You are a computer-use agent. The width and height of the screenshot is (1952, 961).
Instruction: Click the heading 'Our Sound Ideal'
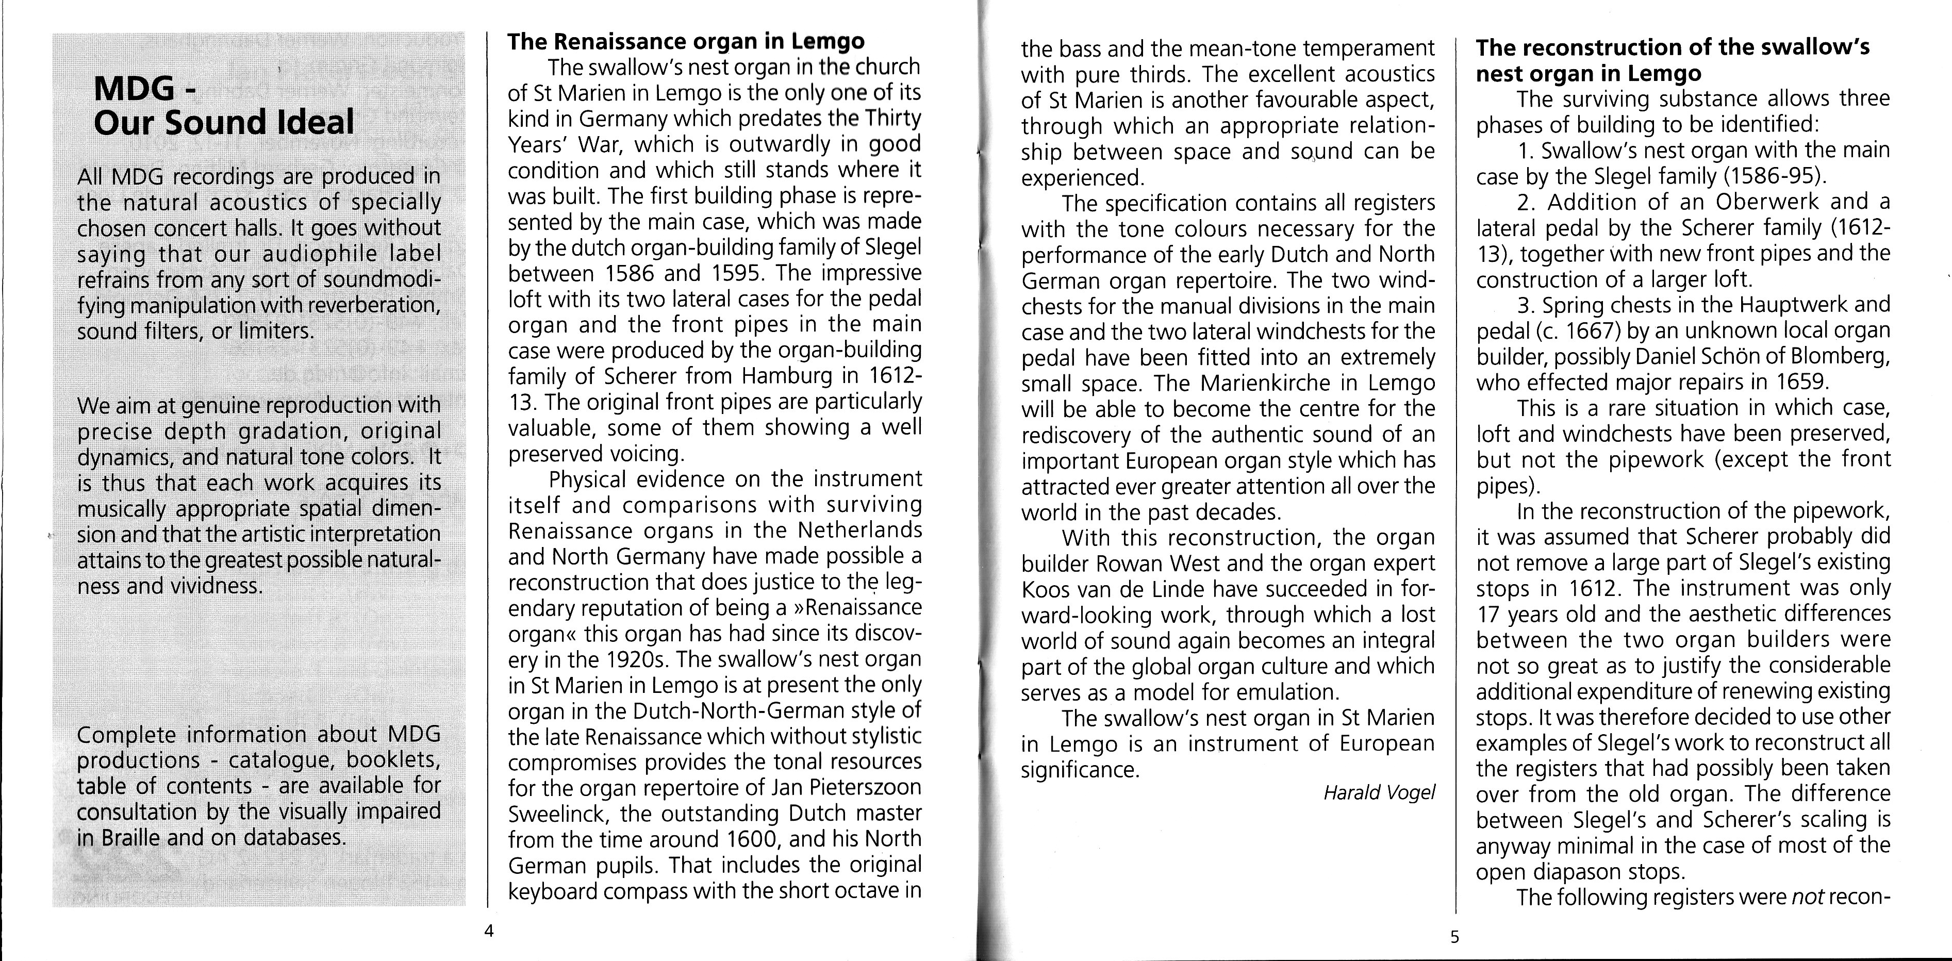point(224,123)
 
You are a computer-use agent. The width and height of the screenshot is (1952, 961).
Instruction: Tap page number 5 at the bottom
point(1454,937)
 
